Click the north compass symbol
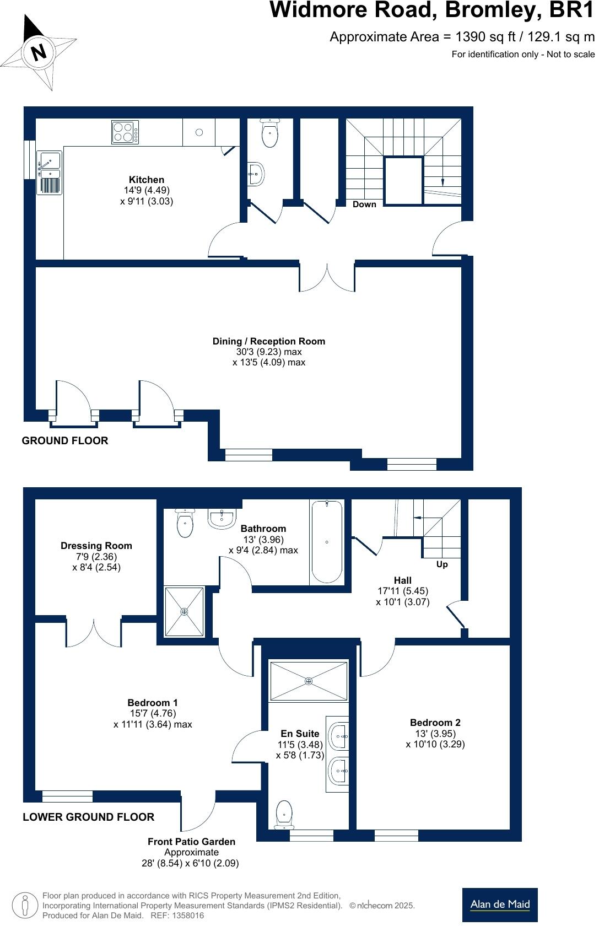tap(38, 52)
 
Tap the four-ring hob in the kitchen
tap(125, 132)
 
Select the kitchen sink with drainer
tap(49, 172)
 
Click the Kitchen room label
tap(147, 180)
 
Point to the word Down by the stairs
tap(364, 204)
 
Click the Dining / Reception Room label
tap(269, 341)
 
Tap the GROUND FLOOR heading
tap(65, 440)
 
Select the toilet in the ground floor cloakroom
tap(269, 133)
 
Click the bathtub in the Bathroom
tap(327, 541)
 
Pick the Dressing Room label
tap(96, 546)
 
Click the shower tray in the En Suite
tap(309, 681)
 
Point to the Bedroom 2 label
tap(435, 723)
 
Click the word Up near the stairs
tap(442, 564)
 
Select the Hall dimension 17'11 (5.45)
tap(403, 591)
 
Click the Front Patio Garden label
tap(191, 842)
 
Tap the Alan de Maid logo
tap(500, 905)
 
